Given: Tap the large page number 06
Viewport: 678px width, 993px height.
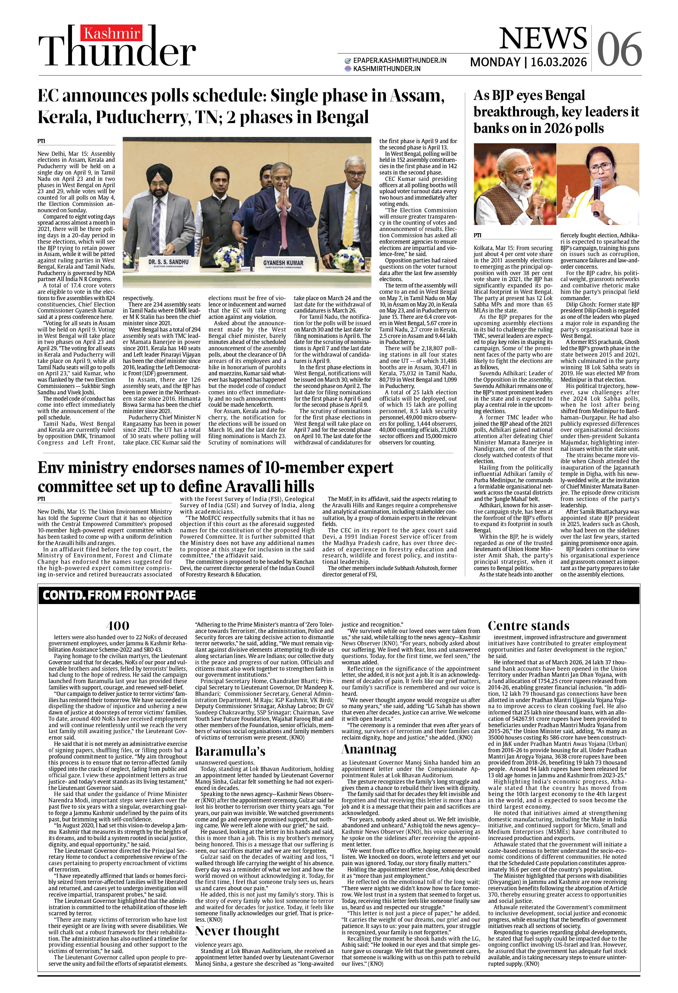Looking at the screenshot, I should pyautogui.click(x=619, y=49).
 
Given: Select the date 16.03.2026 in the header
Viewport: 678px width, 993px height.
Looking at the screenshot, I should pyautogui.click(x=558, y=62).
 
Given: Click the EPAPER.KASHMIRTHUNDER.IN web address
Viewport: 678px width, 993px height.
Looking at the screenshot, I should pyautogui.click(x=400, y=61).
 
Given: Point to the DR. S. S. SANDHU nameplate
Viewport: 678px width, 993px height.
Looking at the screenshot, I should pyautogui.click(x=168, y=262).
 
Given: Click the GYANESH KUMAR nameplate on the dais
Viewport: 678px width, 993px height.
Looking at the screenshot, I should pyautogui.click(x=283, y=263).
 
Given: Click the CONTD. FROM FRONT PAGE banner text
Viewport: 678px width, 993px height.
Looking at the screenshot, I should pyautogui.click(x=119, y=595).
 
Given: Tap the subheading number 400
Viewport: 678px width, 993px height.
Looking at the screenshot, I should pyautogui.click(x=117, y=626).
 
